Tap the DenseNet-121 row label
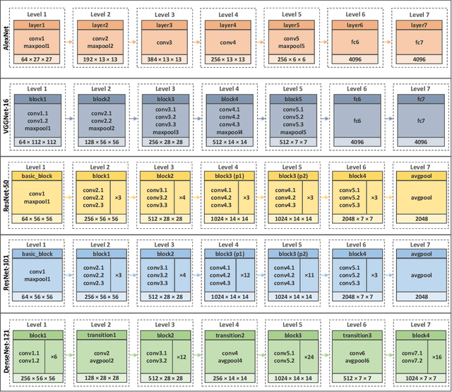(x=6, y=349)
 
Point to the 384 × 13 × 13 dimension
(x=162, y=60)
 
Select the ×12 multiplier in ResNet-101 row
(x=245, y=274)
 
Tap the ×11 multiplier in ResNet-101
(x=308, y=274)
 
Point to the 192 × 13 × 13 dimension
(x=100, y=60)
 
